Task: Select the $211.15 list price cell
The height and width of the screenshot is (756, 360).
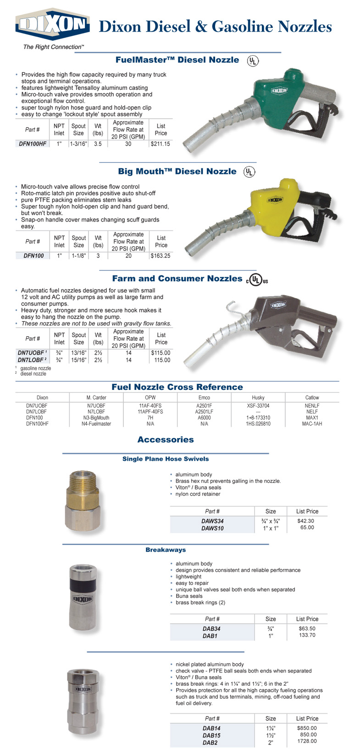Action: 161,144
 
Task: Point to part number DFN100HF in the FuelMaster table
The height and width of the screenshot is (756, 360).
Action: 33,144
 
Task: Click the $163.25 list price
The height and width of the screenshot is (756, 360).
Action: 161,256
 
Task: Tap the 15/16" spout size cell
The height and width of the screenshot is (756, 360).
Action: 78,360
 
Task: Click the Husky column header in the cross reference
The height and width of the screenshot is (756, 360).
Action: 258,398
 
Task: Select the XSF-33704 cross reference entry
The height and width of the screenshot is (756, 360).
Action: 258,406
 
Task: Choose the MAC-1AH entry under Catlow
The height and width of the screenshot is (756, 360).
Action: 312,424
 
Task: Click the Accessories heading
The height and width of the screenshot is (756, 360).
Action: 166,440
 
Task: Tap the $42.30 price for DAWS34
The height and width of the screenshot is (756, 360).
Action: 306,521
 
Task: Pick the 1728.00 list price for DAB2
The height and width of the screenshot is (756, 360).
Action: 307,741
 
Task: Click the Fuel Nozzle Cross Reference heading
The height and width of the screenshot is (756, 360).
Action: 177,387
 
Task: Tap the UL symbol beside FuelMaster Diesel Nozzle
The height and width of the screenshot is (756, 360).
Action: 252,61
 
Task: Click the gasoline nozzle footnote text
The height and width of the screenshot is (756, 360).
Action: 36,368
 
